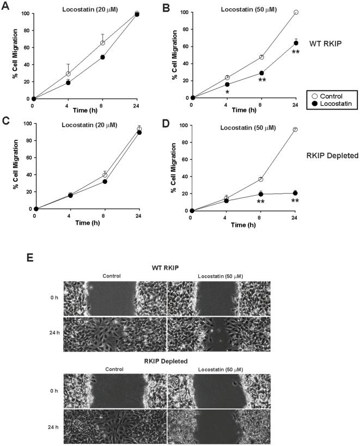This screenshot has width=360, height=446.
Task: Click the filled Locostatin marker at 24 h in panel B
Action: point(296,43)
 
